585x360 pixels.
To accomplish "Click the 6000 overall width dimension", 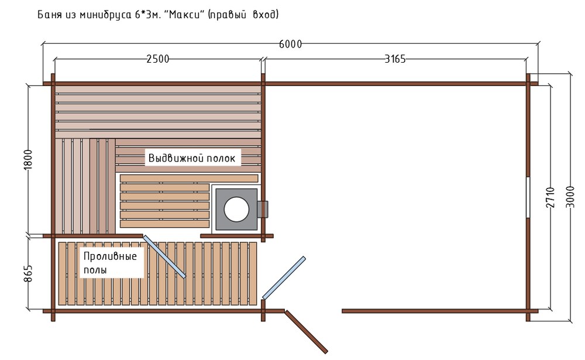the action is [x=290, y=44].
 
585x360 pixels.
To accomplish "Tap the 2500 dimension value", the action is [x=157, y=59].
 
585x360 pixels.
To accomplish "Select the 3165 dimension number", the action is [x=395, y=59].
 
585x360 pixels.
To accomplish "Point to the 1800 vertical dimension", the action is [x=28, y=159].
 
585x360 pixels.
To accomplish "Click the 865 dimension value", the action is [x=28, y=273].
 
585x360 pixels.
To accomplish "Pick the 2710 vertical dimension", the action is [x=550, y=197].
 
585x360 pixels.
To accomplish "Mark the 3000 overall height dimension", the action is [x=570, y=197].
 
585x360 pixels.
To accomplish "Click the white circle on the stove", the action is [x=236, y=209].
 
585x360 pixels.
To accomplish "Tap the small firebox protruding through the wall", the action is [x=263, y=209].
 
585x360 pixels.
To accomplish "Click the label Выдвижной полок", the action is [x=192, y=158].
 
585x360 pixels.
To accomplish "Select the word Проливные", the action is [x=110, y=256].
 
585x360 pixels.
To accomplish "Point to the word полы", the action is [x=95, y=270].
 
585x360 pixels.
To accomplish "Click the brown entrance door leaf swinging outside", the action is [x=307, y=332].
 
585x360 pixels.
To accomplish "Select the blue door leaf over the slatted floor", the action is [x=164, y=256].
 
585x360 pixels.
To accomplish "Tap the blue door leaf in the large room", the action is [x=284, y=278].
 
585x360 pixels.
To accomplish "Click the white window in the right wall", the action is [x=528, y=197].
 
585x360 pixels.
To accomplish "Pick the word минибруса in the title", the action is [x=105, y=15].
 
